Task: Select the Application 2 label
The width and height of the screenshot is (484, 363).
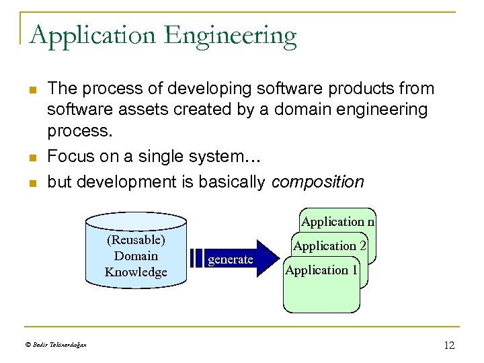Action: pos(330,246)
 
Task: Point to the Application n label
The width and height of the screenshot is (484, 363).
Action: pos(339,222)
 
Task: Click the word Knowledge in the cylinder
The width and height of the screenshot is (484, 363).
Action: pos(136,272)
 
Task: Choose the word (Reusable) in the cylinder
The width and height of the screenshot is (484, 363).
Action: pos(136,240)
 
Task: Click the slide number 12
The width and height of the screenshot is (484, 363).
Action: pos(449,345)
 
